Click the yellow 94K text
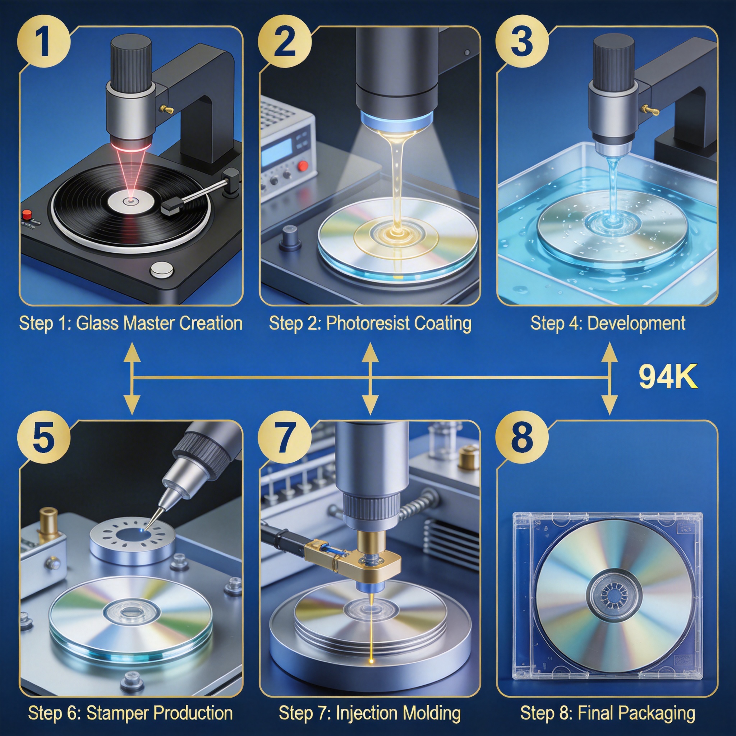(x=668, y=377)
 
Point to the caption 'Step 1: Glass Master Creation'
(x=131, y=323)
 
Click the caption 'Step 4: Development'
(x=608, y=323)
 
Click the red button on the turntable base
(x=27, y=215)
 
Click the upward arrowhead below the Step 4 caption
(x=609, y=351)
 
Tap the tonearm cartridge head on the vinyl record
(x=173, y=206)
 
